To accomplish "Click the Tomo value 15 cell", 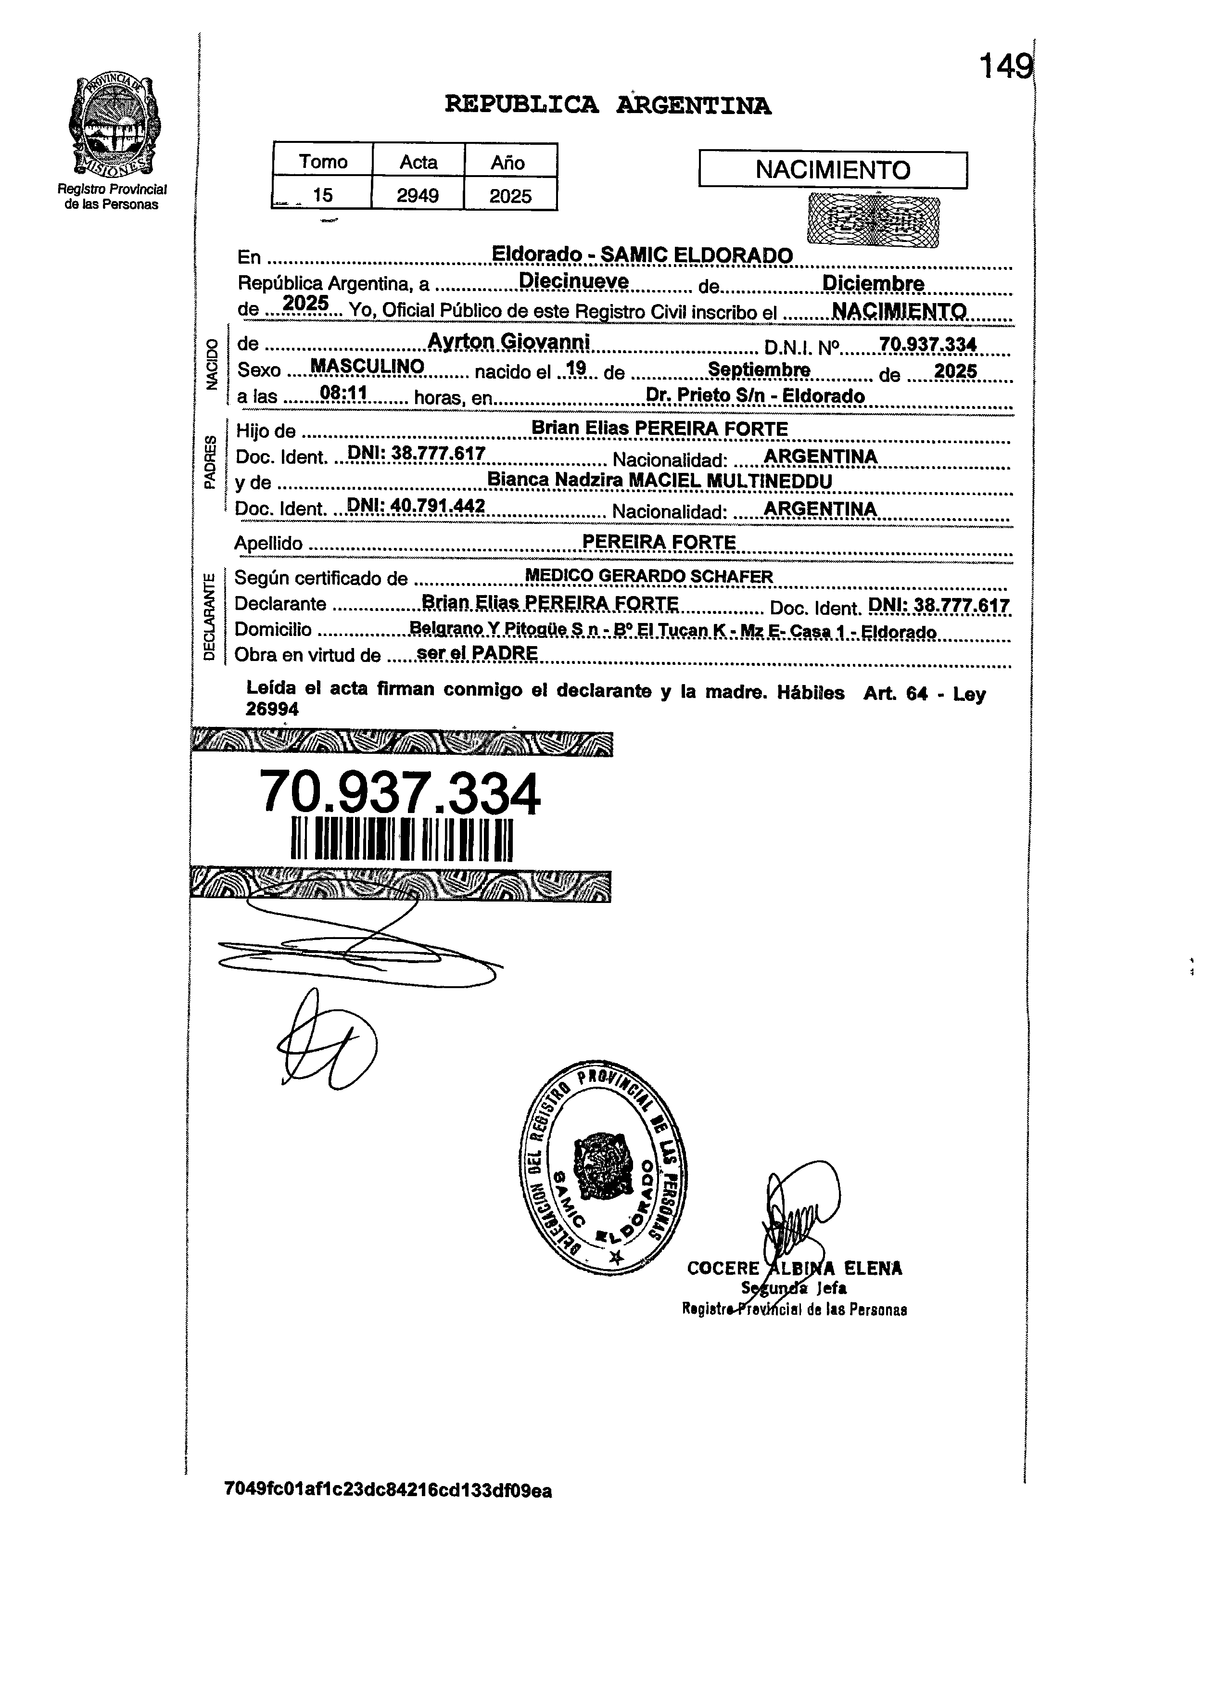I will pyautogui.click(x=322, y=195).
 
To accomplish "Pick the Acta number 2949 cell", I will pyautogui.click(x=418, y=195).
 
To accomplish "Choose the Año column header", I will pyautogui.click(x=508, y=162).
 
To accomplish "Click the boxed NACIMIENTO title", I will pyautogui.click(x=833, y=170).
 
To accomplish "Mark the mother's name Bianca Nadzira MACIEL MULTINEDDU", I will pyautogui.click(x=659, y=480).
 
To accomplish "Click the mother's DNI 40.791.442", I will pyautogui.click(x=416, y=506).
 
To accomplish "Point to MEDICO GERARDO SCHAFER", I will pyautogui.click(x=648, y=576).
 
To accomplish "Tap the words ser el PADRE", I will pyautogui.click(x=477, y=653).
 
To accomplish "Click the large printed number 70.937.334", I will pyautogui.click(x=400, y=792).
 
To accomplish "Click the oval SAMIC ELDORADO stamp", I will pyautogui.click(x=602, y=1170).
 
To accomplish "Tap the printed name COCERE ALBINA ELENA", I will pyautogui.click(x=794, y=1268).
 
